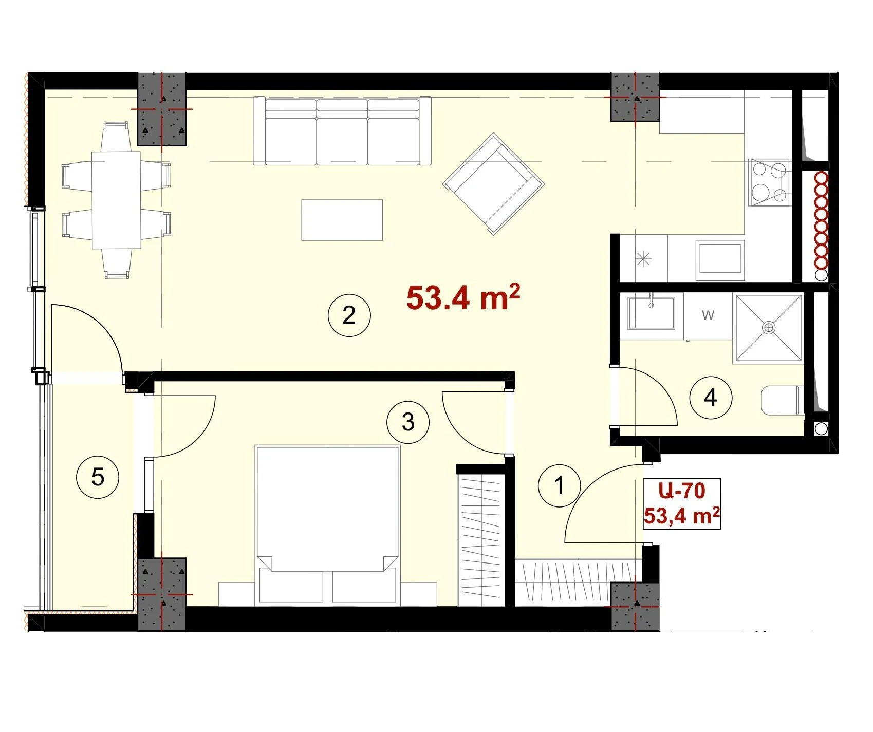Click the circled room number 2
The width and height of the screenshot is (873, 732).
[349, 315]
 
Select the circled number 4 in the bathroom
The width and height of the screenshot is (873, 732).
[711, 397]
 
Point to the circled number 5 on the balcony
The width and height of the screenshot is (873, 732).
[98, 477]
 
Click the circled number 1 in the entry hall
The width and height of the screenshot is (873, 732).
[560, 485]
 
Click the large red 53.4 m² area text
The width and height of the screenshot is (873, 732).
[463, 297]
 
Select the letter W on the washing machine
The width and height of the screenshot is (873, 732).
[708, 315]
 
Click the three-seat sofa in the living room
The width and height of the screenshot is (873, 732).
[342, 131]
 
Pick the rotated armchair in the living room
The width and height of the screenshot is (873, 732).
[493, 184]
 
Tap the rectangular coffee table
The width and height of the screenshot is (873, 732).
[342, 220]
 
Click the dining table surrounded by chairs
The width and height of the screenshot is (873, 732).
[116, 200]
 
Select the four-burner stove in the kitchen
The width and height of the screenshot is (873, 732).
[769, 182]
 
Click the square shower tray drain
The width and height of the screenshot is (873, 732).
[768, 327]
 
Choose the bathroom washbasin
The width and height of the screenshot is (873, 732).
[652, 311]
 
